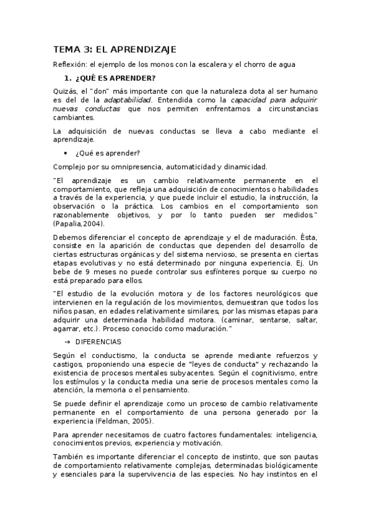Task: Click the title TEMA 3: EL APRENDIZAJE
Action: pyautogui.click(x=115, y=49)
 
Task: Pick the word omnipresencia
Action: pyautogui.click(x=121, y=166)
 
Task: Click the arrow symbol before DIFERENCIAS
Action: pyautogui.click(x=67, y=342)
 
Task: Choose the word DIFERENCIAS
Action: pyautogui.click(x=98, y=342)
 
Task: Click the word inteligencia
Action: pyautogui.click(x=295, y=434)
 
